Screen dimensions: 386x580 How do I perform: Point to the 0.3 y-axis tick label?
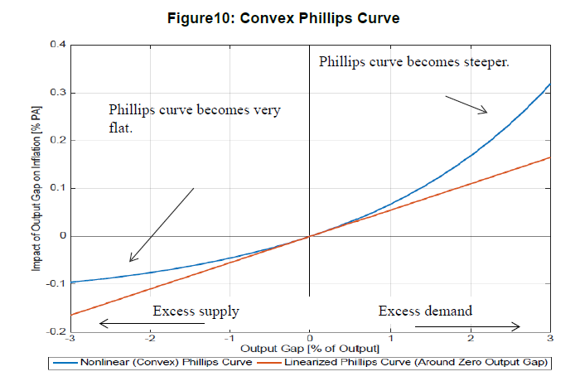tap(58, 93)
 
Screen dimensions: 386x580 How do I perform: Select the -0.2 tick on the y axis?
tap(56, 331)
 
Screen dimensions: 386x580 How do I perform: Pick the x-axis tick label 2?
tap(470, 340)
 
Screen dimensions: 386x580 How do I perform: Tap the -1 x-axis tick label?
tap(229, 340)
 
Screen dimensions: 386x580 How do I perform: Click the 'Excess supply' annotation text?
tap(196, 311)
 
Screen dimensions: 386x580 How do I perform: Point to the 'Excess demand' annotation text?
tap(425, 311)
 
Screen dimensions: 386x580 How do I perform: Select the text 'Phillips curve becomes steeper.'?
tap(414, 63)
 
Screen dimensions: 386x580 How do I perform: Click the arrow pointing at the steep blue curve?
tap(466, 104)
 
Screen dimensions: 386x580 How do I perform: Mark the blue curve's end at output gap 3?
tap(549, 84)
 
